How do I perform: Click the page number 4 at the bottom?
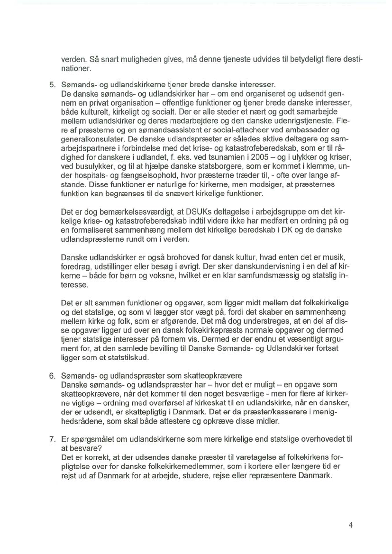point(350,525)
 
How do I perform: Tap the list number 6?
point(53,375)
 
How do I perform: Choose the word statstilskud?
point(128,357)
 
